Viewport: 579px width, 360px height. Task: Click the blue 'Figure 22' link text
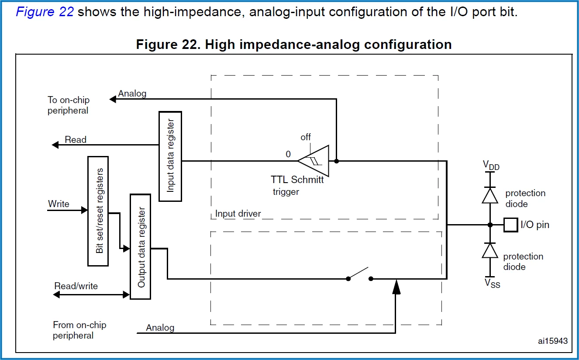pyautogui.click(x=45, y=12)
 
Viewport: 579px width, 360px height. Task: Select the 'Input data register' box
pyautogui.click(x=170, y=156)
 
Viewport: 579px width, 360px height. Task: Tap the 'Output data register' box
pyautogui.click(x=140, y=247)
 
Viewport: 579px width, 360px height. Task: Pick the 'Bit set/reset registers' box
pyautogui.click(x=98, y=211)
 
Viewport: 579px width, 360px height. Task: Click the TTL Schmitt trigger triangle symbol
pyautogui.click(x=314, y=161)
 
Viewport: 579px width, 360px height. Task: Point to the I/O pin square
pyautogui.click(x=511, y=225)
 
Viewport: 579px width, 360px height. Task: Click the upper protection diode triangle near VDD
pyautogui.click(x=490, y=196)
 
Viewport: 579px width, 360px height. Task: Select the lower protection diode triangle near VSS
pyautogui.click(x=490, y=251)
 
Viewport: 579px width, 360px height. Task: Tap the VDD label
pyautogui.click(x=491, y=165)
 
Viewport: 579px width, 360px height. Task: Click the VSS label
pyautogui.click(x=493, y=283)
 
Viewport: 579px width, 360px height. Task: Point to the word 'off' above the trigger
pyautogui.click(x=306, y=137)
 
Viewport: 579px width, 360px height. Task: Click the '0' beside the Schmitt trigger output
pyautogui.click(x=288, y=154)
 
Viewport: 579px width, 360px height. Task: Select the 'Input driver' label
pyautogui.click(x=238, y=214)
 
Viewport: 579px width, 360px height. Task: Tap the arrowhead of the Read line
pyautogui.click(x=55, y=145)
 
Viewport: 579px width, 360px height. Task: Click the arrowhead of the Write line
pyautogui.click(x=85, y=210)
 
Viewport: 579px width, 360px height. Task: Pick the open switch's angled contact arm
pyautogui.click(x=358, y=273)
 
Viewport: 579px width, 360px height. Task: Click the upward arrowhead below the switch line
pyautogui.click(x=396, y=287)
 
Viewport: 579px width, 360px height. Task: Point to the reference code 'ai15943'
pyautogui.click(x=553, y=341)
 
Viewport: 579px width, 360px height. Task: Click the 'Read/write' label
pyautogui.click(x=76, y=286)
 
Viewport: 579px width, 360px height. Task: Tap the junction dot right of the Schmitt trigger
pyautogui.click(x=336, y=161)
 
